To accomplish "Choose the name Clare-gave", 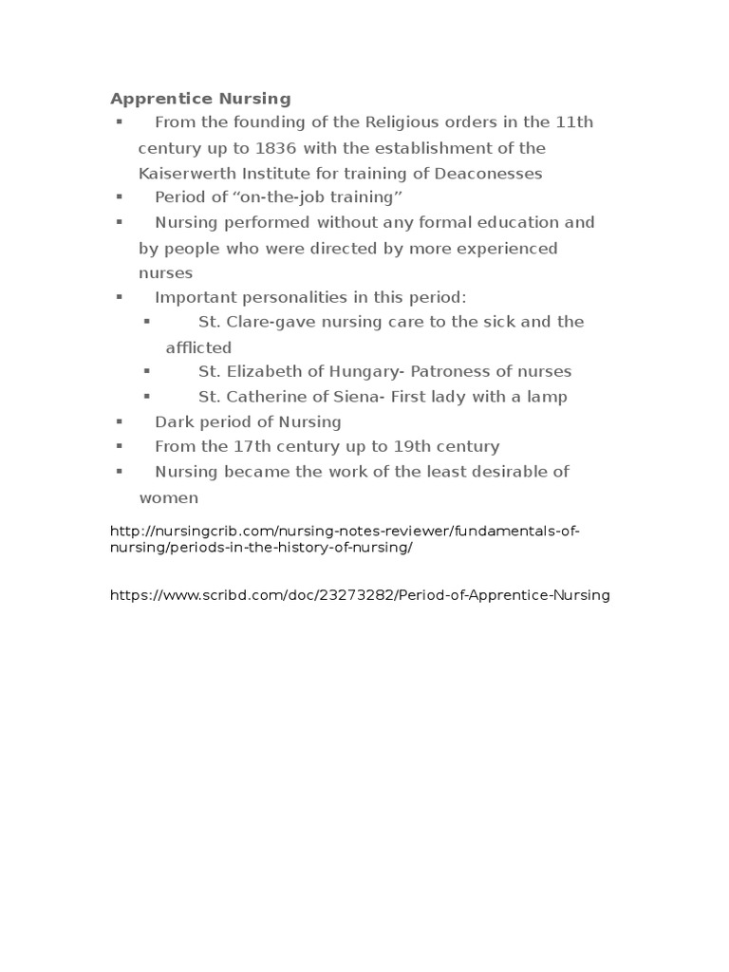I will [x=271, y=322].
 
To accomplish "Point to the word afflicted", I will [x=198, y=347].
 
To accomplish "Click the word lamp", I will [x=547, y=397].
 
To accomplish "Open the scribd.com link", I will [x=360, y=595].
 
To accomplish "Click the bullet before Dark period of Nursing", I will [x=120, y=421].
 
